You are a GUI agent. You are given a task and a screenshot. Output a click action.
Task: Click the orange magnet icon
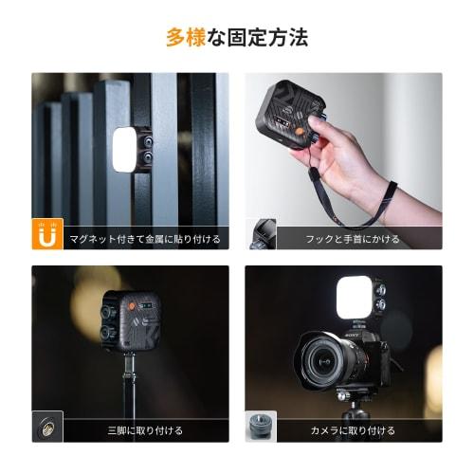(46, 235)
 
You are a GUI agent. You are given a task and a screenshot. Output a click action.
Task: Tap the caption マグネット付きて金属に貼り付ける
(145, 239)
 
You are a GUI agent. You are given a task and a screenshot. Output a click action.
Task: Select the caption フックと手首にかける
(352, 239)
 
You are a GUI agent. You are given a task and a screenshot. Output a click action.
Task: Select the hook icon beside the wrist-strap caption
(262, 234)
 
